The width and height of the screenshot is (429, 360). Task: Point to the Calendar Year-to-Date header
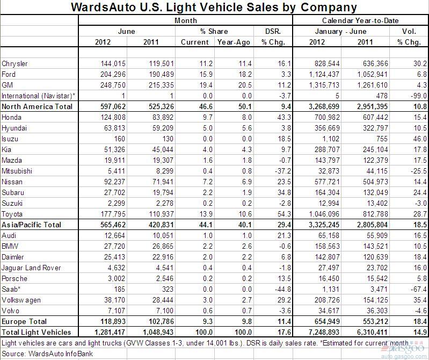click(x=360, y=20)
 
